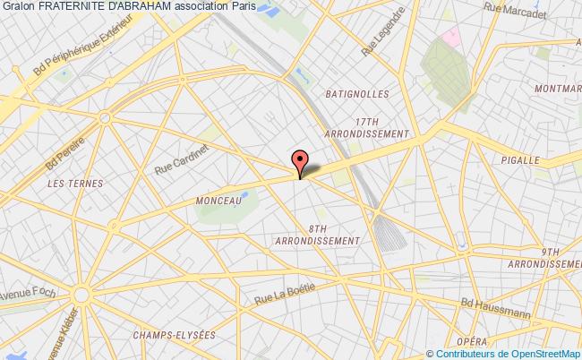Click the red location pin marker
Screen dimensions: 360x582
[300, 161]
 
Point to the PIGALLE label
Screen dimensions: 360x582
[541, 160]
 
